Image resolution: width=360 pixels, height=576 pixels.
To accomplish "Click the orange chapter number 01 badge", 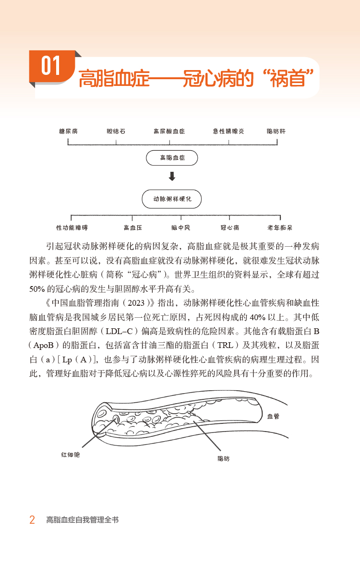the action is (x=51, y=66).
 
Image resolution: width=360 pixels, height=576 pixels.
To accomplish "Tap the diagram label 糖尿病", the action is (x=68, y=131).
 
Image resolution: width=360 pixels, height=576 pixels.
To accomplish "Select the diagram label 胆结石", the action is (x=116, y=131).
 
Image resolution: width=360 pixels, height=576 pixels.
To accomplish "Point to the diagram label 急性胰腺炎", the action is (x=228, y=131).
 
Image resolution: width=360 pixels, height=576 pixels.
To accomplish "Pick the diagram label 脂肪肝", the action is (x=276, y=131).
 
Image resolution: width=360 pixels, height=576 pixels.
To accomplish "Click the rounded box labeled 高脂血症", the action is (x=172, y=157).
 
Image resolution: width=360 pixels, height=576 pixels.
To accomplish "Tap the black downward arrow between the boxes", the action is (x=172, y=177).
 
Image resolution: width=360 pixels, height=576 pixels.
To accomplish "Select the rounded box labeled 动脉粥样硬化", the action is (x=172, y=199).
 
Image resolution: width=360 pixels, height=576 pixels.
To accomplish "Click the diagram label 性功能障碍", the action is (x=72, y=228).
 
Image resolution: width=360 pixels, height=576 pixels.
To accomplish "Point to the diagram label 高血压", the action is (x=133, y=228).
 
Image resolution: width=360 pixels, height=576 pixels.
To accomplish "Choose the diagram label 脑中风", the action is (x=181, y=228).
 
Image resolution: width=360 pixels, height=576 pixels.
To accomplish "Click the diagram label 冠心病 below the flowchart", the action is (x=229, y=228).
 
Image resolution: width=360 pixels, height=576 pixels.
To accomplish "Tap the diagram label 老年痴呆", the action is (x=280, y=228).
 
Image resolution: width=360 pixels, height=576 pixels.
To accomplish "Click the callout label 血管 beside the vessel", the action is (x=273, y=416).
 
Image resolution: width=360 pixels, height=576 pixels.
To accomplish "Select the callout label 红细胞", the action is (x=71, y=454).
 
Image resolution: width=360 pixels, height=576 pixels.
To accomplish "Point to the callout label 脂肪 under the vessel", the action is (x=224, y=459).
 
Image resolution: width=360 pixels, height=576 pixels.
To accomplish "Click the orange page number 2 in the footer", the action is (x=32, y=520).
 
